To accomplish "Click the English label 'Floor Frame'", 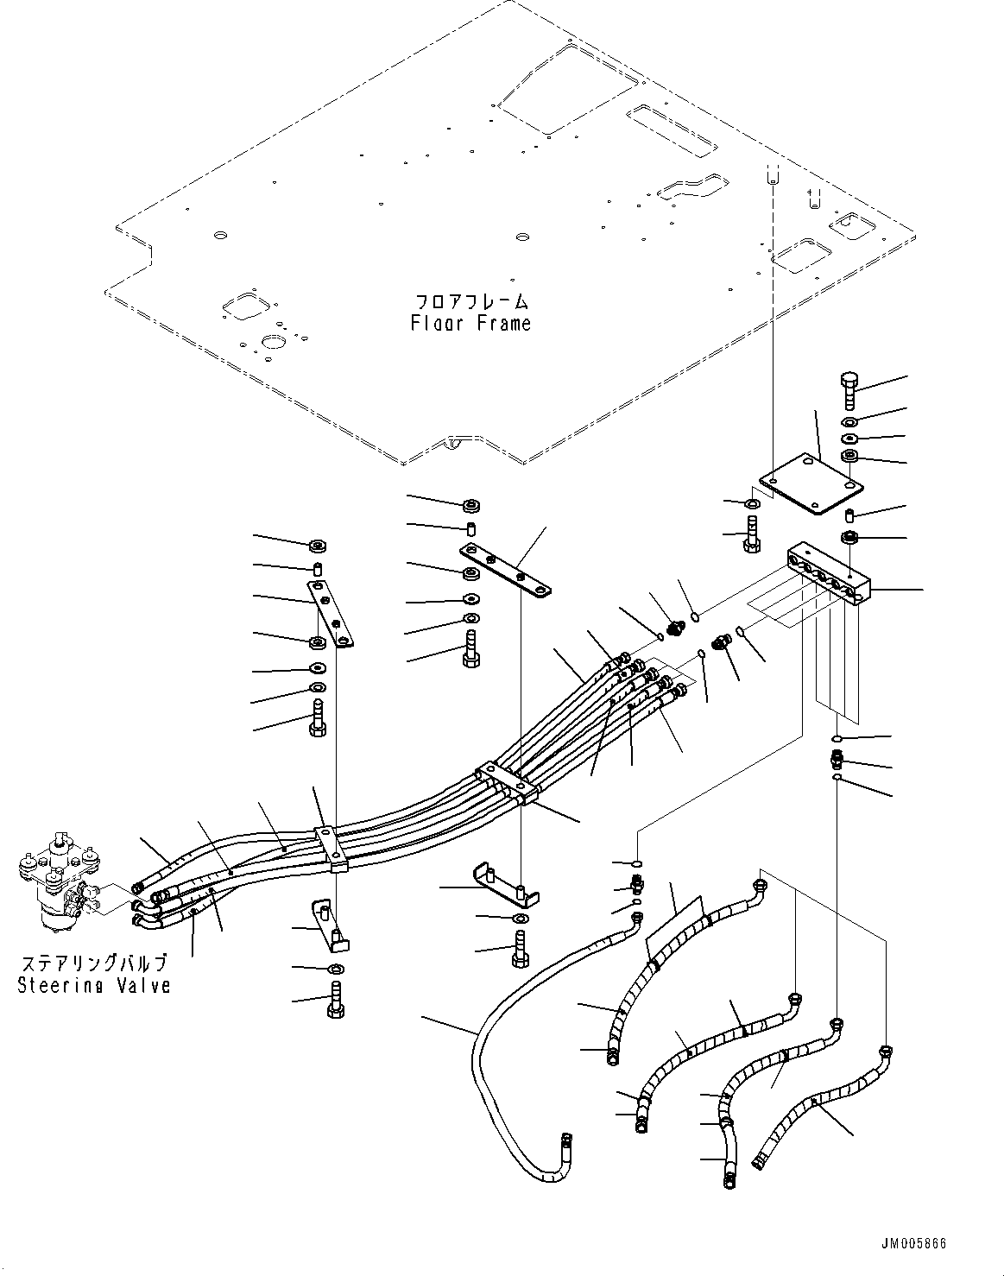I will tap(470, 324).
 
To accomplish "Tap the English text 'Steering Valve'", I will tap(94, 985).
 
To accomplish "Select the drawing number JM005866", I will tap(913, 1244).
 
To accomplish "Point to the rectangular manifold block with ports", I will tap(829, 575).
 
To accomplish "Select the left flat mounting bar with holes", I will tap(330, 612).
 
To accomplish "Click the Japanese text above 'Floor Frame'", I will tap(470, 301).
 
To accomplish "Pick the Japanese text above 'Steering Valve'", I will tap(93, 963).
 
